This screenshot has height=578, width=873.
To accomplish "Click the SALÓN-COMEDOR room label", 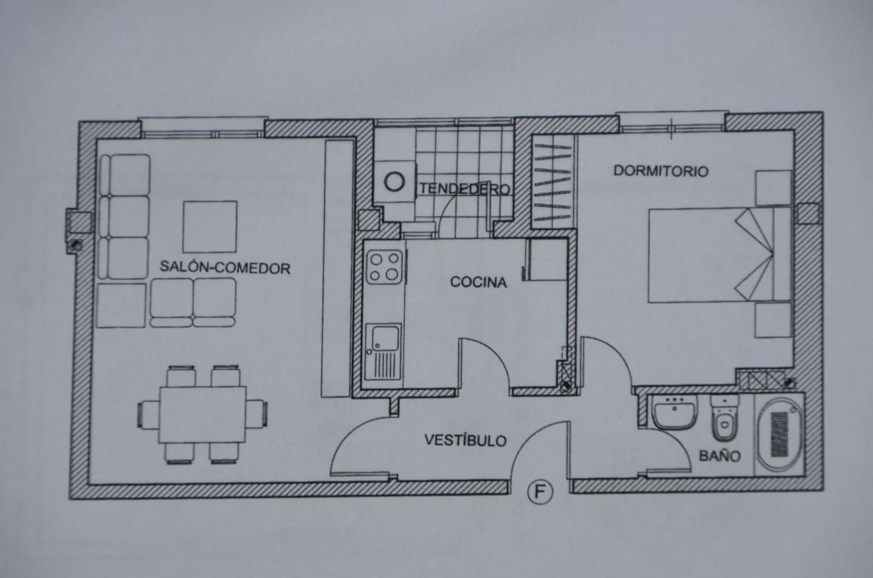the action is (x=225, y=267).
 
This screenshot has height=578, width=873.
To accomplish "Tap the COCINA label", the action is (x=478, y=282).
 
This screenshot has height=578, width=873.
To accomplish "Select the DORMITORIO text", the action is (x=661, y=171).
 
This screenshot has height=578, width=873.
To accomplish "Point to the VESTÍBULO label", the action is (x=466, y=440).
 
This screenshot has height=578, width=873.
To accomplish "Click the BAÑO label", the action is (x=719, y=456).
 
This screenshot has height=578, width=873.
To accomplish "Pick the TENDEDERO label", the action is (x=465, y=189).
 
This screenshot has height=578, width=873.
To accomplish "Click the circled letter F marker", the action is (x=540, y=492).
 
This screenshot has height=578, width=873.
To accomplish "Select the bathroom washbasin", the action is (x=675, y=412).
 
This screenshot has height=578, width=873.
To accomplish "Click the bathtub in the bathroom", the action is (x=779, y=435).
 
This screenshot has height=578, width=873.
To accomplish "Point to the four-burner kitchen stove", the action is (x=384, y=267).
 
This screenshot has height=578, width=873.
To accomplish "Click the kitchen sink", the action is (x=384, y=351).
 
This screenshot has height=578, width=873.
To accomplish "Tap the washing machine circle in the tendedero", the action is (x=395, y=181).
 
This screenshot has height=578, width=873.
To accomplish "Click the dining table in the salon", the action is (x=203, y=414).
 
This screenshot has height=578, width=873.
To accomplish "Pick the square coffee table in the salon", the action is (x=210, y=226).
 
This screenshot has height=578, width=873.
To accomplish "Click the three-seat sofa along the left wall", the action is (x=124, y=217).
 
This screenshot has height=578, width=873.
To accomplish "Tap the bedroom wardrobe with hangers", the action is (x=553, y=182).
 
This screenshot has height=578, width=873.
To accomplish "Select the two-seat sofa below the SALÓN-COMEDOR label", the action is (x=193, y=303).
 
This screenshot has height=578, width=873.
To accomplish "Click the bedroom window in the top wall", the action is (x=672, y=123).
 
